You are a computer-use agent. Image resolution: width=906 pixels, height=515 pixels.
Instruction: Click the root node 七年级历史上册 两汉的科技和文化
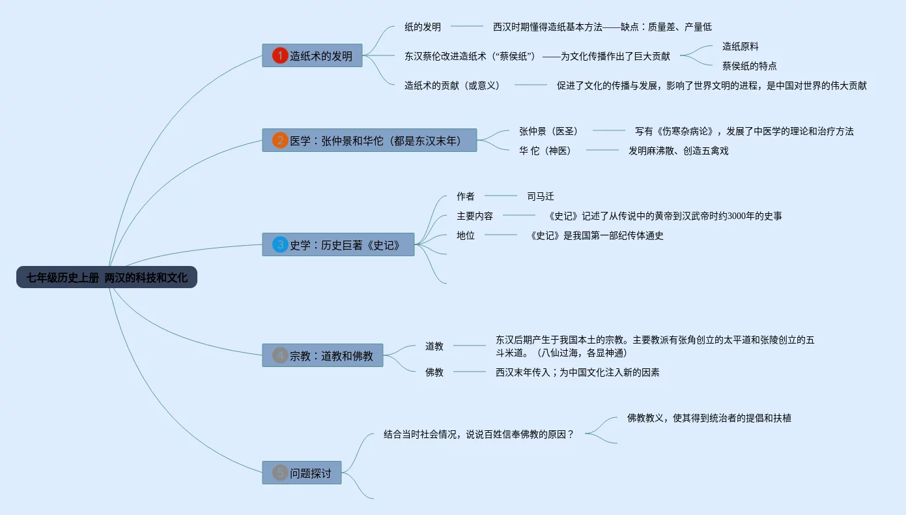click(x=107, y=278)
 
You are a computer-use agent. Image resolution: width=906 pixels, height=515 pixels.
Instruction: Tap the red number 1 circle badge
click(x=280, y=56)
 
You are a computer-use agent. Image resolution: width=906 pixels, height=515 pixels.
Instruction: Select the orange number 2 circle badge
click(x=280, y=140)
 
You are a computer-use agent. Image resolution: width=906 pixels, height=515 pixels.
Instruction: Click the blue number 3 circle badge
click(x=280, y=244)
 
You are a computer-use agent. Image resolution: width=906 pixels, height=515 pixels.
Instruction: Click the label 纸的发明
click(x=423, y=27)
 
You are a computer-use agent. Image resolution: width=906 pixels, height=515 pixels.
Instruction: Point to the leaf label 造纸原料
click(x=741, y=46)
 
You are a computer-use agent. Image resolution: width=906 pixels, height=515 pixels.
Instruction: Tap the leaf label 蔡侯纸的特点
click(x=750, y=66)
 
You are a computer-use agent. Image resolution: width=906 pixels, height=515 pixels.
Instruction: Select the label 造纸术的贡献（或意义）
click(x=452, y=85)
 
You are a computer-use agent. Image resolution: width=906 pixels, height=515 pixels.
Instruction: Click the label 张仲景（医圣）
click(x=548, y=131)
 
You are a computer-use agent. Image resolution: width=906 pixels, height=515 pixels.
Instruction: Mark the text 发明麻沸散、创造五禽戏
click(x=678, y=151)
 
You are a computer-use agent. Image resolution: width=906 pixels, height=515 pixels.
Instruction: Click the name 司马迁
click(x=541, y=196)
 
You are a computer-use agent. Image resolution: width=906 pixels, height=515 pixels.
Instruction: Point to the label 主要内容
click(x=475, y=216)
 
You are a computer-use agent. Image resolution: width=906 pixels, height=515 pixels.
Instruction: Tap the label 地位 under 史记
click(x=466, y=235)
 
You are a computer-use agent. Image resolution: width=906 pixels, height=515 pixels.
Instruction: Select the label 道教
click(x=434, y=346)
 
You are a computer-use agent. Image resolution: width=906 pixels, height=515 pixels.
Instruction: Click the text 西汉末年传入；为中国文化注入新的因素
click(x=577, y=372)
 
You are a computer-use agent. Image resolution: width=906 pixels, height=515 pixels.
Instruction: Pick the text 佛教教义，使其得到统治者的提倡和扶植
click(x=709, y=418)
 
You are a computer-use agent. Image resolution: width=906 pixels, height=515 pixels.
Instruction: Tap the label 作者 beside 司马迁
click(x=466, y=196)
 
